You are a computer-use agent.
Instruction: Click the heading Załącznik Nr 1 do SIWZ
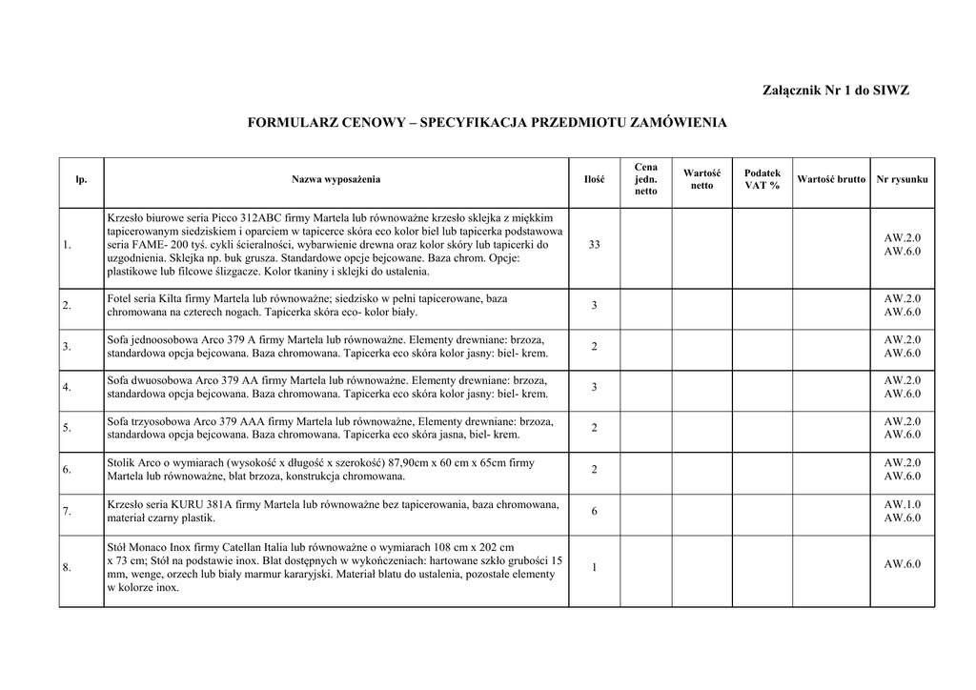coord(836,91)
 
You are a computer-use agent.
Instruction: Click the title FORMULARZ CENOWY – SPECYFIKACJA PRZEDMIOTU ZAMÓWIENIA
coord(487,123)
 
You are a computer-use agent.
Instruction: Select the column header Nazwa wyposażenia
coord(335,179)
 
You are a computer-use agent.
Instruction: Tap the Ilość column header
coord(594,179)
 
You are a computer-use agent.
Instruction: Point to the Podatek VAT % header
coord(762,179)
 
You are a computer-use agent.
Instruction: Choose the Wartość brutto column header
coord(831,179)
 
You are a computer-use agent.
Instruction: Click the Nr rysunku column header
coord(902,179)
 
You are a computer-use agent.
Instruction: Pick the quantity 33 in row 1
coord(594,245)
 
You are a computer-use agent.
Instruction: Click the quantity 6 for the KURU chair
coord(594,511)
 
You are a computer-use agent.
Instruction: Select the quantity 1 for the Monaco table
coord(594,567)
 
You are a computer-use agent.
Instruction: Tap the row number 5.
coord(67,428)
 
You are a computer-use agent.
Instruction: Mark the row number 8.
coord(67,568)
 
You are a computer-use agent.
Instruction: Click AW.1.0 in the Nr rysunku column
coord(902,504)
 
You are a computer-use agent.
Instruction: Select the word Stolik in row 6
coord(123,463)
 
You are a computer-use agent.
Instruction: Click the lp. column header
coord(81,179)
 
